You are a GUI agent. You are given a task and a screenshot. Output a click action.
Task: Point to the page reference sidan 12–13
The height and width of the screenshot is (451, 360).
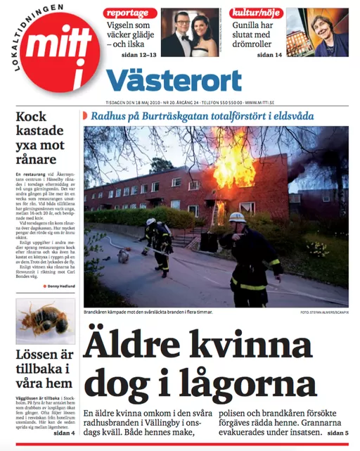[x=140, y=54]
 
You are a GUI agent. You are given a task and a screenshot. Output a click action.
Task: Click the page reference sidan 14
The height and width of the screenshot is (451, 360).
[x=268, y=54]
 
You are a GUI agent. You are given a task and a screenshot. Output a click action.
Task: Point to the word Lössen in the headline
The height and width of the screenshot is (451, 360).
[x=37, y=354]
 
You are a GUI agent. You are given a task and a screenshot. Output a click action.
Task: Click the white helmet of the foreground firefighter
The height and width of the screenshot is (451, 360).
[x=237, y=218]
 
